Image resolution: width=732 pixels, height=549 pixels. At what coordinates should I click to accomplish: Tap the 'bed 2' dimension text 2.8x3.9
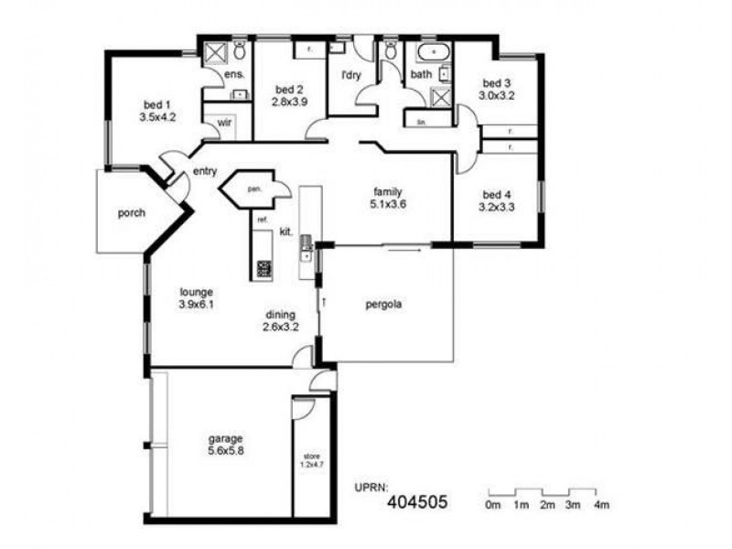pos(289,102)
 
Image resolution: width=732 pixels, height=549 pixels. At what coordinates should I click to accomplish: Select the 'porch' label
pos(132,213)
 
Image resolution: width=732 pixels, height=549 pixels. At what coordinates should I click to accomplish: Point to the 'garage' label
pos(225,438)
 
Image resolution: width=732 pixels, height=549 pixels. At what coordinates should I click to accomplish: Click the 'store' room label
pos(314,455)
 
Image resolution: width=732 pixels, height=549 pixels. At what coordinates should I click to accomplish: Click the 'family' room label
pos(387,192)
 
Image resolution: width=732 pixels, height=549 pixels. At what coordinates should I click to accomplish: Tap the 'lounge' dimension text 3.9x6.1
pos(196,306)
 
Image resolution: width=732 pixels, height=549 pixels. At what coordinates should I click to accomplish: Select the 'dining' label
pos(280,314)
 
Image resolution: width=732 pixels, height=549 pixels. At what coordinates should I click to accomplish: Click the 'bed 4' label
pos(497,195)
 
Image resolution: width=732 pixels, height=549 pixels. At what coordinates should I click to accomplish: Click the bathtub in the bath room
pos(430,51)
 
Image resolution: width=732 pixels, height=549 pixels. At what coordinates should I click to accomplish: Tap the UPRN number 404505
pos(417,501)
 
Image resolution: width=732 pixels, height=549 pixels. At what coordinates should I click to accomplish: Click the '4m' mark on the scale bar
pos(601,505)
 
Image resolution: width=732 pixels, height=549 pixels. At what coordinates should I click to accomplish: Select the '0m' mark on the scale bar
pos(492,505)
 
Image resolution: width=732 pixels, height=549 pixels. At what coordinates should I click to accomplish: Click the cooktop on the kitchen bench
pos(264,269)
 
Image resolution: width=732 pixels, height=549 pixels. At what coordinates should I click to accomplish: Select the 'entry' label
pos(204,172)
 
